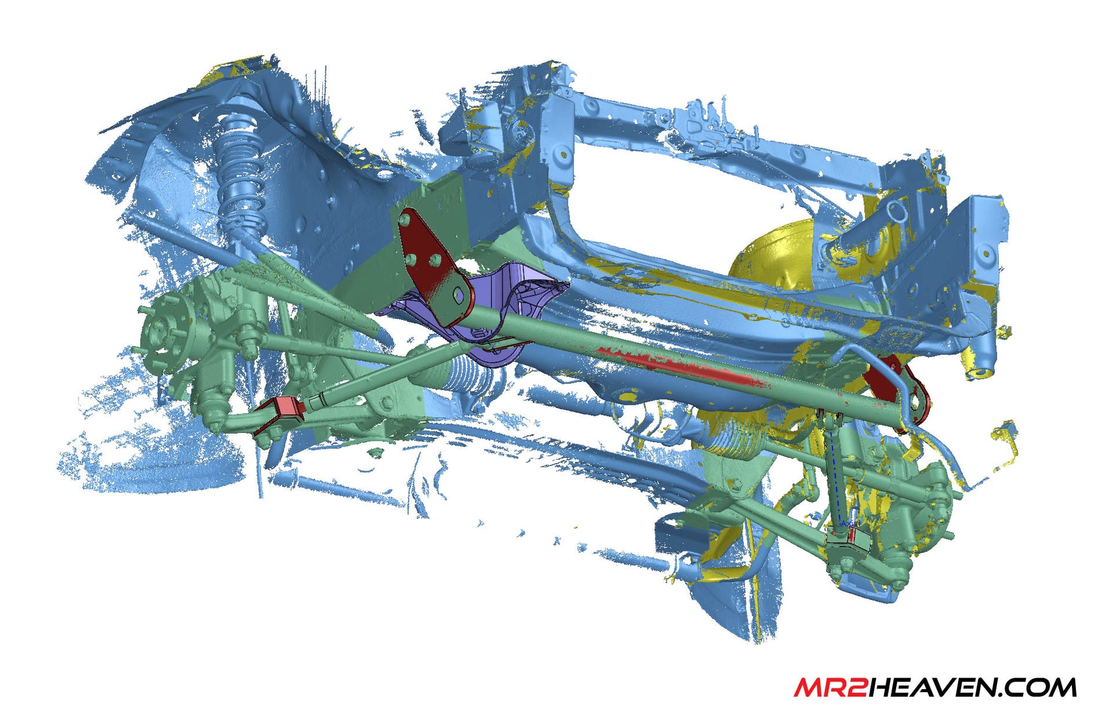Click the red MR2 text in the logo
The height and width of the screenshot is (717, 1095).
click(x=830, y=687)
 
